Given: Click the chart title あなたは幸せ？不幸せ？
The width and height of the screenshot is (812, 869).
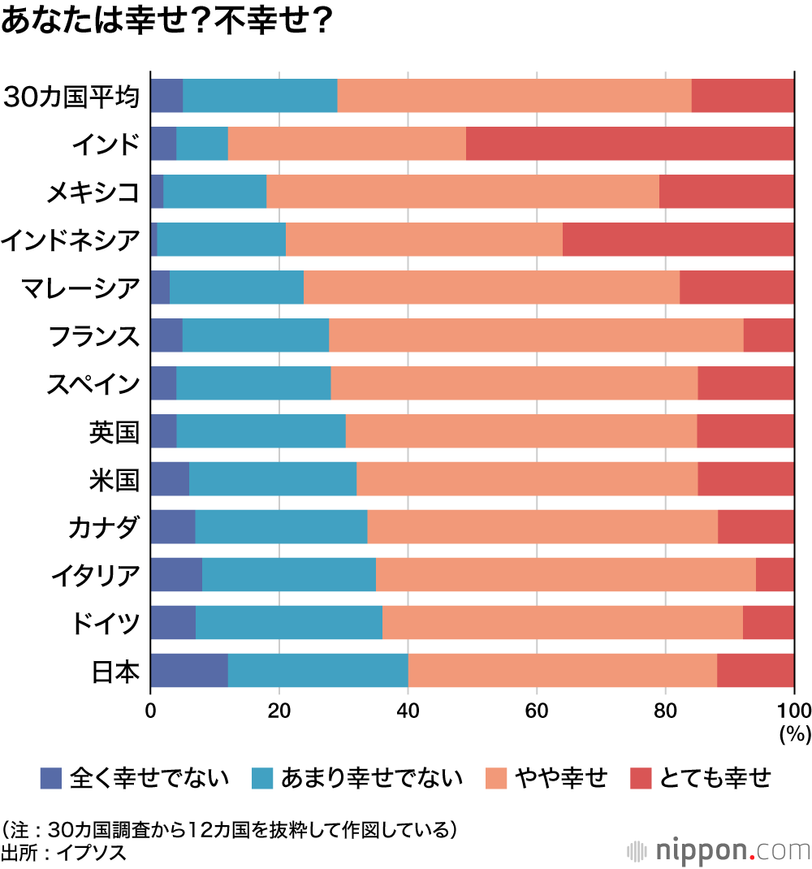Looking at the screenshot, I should pyautogui.click(x=166, y=22).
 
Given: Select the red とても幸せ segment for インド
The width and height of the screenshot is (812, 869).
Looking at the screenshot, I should pyautogui.click(x=630, y=144).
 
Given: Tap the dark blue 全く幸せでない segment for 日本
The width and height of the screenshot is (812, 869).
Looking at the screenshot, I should pyautogui.click(x=189, y=670).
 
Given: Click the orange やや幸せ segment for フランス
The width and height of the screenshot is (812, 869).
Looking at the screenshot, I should pyautogui.click(x=536, y=335).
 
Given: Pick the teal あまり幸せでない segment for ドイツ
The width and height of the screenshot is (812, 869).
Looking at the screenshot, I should pyautogui.click(x=289, y=622).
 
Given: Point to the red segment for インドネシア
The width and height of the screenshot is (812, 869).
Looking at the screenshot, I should pyautogui.click(x=678, y=240).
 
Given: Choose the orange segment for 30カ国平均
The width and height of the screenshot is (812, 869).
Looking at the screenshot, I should pyautogui.click(x=514, y=96).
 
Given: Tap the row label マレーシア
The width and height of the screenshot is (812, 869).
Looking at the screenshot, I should pyautogui.click(x=82, y=288).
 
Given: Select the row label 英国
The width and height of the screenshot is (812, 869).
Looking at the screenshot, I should pyautogui.click(x=114, y=431).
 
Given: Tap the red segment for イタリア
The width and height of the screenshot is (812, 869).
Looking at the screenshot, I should pyautogui.click(x=775, y=574).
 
